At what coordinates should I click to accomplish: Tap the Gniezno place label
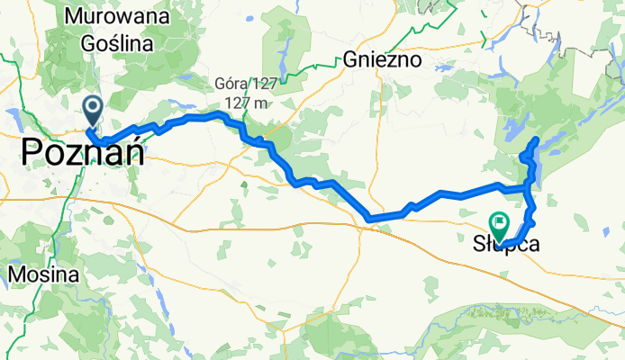pos(383,61)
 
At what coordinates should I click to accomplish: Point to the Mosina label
pos(41,273)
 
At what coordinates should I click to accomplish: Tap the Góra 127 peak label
pos(243,85)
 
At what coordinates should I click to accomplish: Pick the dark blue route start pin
pos(93,111)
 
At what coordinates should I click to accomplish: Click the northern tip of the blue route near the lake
pos(538,139)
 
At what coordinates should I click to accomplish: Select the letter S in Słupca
pos(479,242)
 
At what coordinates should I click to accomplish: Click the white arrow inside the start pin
pos(93,109)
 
